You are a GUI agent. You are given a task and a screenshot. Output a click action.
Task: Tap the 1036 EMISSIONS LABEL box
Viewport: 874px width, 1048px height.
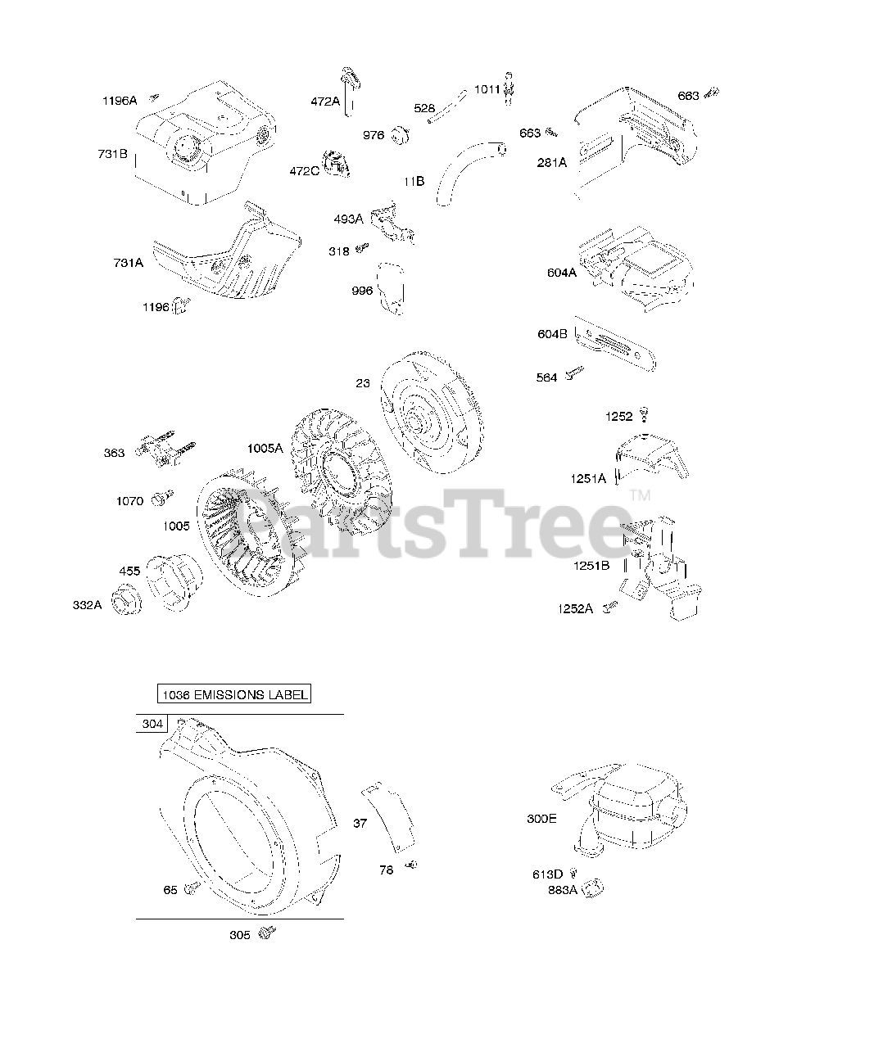tap(234, 695)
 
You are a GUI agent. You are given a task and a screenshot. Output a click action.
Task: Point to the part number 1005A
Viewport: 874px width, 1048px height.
tap(265, 448)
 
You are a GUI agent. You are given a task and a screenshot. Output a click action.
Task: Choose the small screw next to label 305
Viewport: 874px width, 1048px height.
tap(267, 932)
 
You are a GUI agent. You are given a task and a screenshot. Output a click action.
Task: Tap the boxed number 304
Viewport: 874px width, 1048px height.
tap(152, 724)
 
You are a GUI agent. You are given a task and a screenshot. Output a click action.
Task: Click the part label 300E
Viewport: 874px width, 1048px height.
tap(541, 818)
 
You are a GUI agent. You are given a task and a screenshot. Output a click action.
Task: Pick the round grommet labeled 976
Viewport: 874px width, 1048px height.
tap(401, 133)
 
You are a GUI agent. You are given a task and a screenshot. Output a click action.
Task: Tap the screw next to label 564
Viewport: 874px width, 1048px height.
tap(577, 373)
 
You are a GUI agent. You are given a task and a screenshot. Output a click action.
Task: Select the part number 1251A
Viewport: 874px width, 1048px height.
tap(588, 478)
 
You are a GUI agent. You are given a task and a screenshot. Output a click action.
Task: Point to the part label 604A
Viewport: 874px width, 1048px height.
tap(562, 273)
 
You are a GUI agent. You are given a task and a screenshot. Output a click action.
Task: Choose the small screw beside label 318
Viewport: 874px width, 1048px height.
tap(362, 248)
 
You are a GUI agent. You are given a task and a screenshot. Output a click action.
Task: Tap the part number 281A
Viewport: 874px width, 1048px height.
tap(551, 162)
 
